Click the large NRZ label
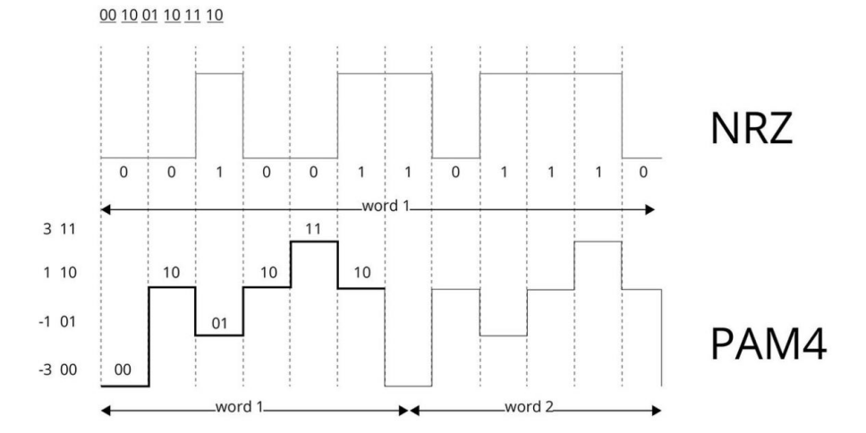point(751,128)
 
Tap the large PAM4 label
point(768,344)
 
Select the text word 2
point(529,408)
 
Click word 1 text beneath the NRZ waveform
point(386,207)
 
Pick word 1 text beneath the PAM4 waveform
point(240,408)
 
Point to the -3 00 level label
point(57,369)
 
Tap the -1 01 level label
point(57,321)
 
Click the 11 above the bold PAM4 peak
point(313,229)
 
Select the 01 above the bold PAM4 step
point(219,323)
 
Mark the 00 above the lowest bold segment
point(123,369)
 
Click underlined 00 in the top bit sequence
point(107,15)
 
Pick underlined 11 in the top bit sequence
point(192,15)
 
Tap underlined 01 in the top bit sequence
point(149,15)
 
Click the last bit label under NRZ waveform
point(642,173)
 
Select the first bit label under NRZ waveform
point(123,173)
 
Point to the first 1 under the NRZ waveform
point(219,173)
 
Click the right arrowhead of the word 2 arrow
point(657,411)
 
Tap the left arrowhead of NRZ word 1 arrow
point(106,210)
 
